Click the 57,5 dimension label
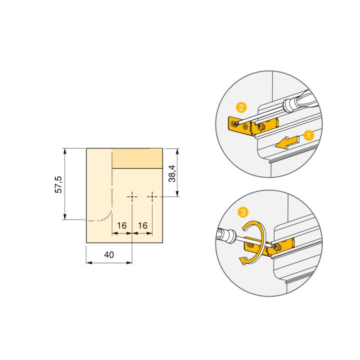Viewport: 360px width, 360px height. [x=58, y=184]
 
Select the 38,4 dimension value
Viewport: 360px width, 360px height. [x=171, y=173]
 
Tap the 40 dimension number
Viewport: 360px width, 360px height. [x=109, y=254]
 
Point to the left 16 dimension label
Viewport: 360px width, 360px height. [x=121, y=225]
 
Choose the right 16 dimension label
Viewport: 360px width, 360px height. [x=142, y=225]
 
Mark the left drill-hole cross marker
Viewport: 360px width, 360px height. [x=132, y=197]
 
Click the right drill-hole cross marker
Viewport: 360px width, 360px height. [x=153, y=197]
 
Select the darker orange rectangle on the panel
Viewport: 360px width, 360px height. [x=137, y=158]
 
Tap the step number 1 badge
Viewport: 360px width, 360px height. [x=308, y=134]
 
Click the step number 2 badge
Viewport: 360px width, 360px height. [x=241, y=108]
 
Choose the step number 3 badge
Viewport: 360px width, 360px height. [x=243, y=211]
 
